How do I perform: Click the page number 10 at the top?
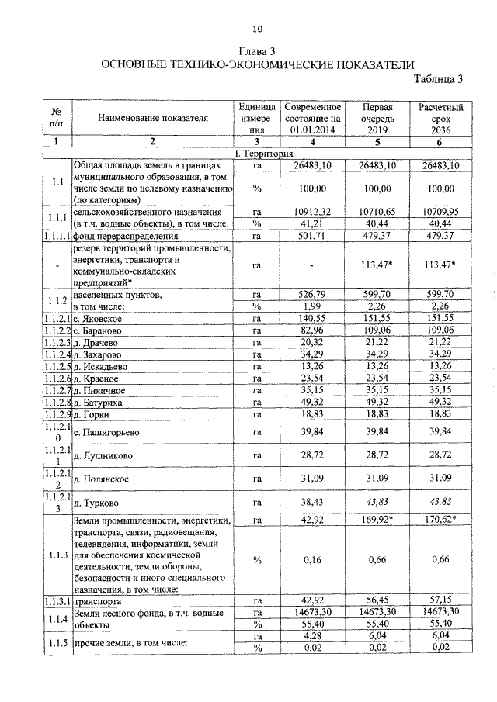click(258, 29)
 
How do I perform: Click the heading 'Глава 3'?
click(258, 51)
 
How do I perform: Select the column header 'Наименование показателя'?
click(153, 118)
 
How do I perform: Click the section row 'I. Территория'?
click(258, 154)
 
